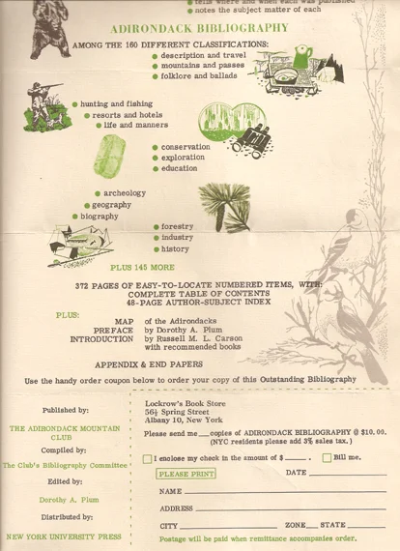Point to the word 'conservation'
[186, 147]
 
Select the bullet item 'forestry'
[177, 227]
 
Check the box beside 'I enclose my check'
[148, 458]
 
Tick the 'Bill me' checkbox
[327, 458]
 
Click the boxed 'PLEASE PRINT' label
[186, 474]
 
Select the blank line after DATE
[347, 474]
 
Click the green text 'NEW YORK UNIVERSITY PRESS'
[63, 535]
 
